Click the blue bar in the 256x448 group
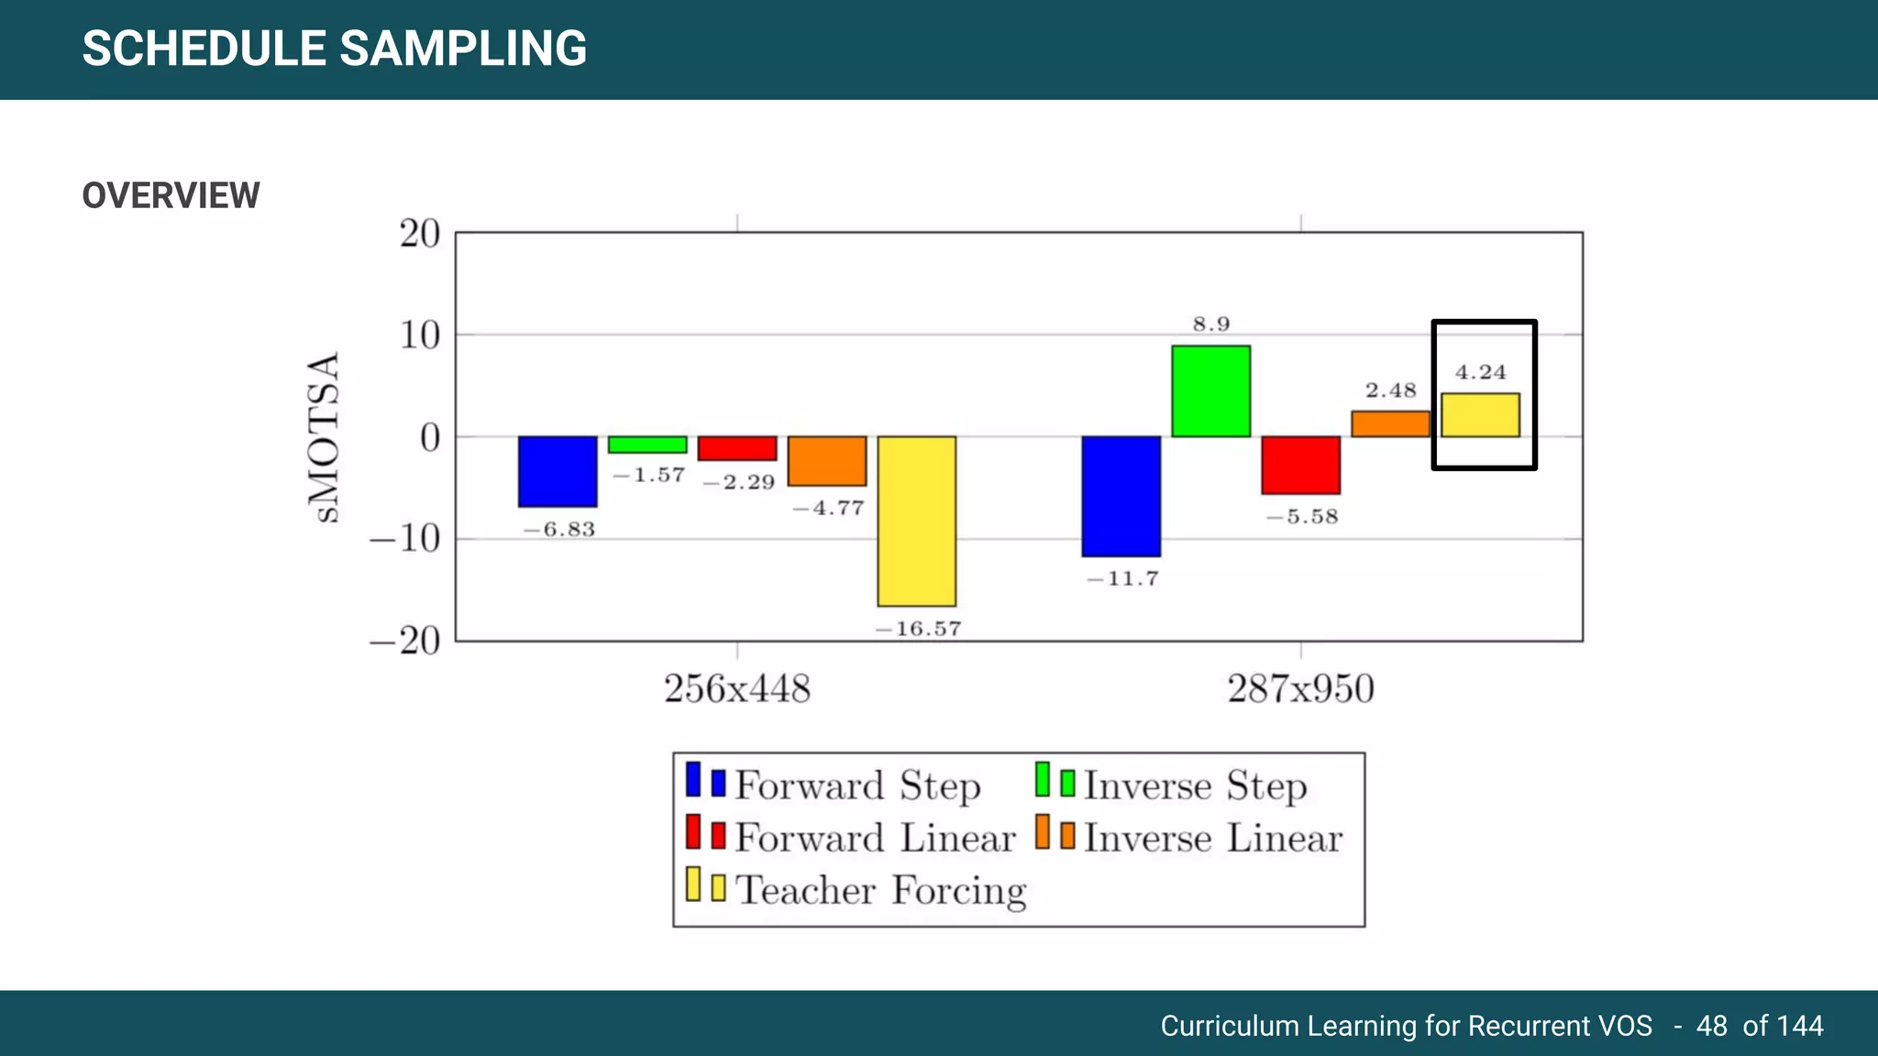click(x=558, y=471)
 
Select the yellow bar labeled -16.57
click(x=916, y=521)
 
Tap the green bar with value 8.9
click(x=1210, y=390)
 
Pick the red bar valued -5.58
click(x=1300, y=465)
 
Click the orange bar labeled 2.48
click(x=1390, y=423)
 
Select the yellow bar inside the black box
click(x=1480, y=415)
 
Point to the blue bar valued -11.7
click(x=1121, y=496)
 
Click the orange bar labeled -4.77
click(x=827, y=461)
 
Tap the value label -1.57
click(x=648, y=476)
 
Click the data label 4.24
click(x=1480, y=372)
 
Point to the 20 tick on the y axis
click(x=420, y=234)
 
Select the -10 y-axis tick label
click(x=405, y=538)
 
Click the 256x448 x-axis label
click(x=737, y=688)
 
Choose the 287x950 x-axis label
click(x=1300, y=688)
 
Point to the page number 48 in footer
click(x=1711, y=1026)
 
